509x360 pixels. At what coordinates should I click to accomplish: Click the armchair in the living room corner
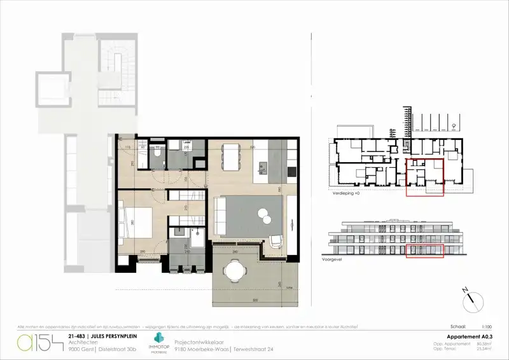pos(276,242)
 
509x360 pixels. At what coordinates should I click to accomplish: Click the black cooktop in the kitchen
pos(291,172)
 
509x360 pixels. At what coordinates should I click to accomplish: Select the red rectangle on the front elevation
pos(425,251)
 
